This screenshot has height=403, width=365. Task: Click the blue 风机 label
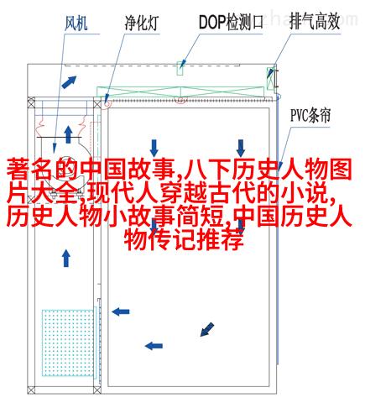(76, 23)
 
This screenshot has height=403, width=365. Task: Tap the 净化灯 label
(142, 23)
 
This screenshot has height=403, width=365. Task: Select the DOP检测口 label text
(231, 22)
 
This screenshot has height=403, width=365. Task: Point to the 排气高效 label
(315, 21)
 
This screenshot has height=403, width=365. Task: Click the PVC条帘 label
(310, 115)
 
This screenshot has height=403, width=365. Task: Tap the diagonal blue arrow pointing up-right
(69, 82)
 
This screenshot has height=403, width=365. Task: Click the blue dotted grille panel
(68, 343)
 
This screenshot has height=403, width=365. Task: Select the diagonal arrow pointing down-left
(207, 329)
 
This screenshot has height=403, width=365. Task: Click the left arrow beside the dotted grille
(121, 311)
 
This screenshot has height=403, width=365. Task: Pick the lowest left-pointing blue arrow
(154, 346)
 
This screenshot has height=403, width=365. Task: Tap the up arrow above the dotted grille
(66, 258)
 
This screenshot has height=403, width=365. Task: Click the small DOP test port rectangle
(180, 68)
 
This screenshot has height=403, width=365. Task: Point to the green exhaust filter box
(270, 78)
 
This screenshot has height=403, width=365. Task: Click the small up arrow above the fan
(68, 134)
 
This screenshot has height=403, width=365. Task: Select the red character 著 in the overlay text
(18, 169)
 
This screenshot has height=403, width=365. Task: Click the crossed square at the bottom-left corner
(31, 390)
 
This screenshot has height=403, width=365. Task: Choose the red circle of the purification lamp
(107, 103)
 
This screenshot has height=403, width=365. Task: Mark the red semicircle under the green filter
(180, 100)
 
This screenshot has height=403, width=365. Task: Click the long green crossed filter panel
(180, 92)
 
